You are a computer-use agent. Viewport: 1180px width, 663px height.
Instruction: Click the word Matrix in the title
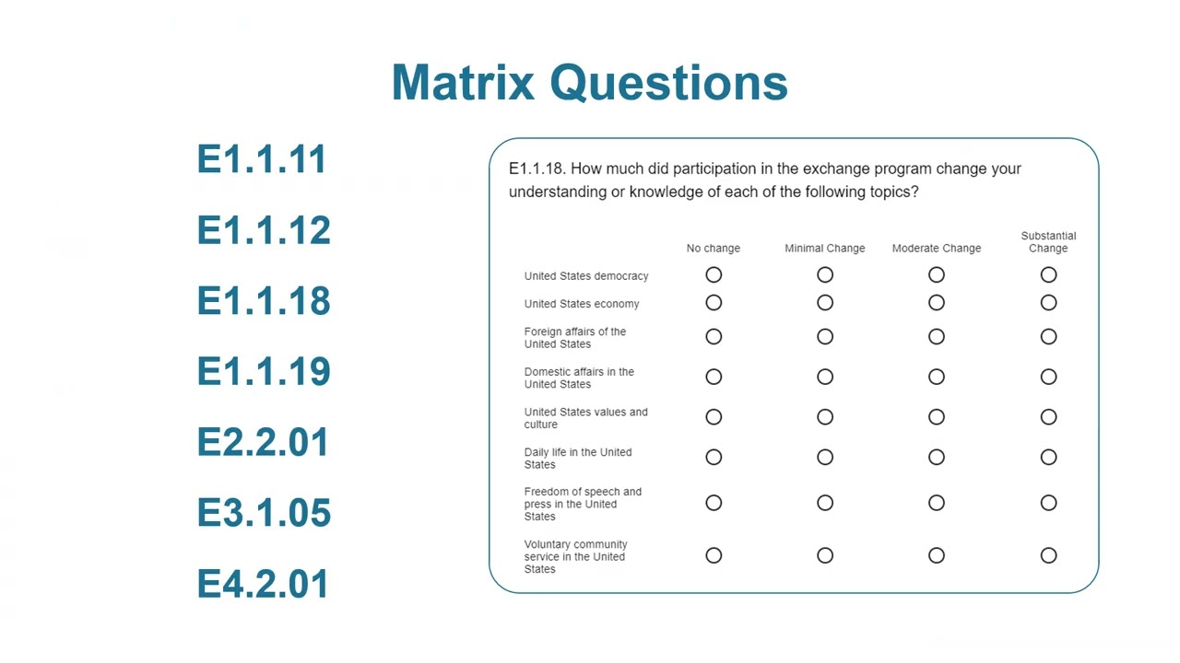463,83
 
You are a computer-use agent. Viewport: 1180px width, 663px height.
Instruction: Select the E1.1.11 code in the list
262,159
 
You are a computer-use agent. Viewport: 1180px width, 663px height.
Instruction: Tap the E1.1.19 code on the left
264,371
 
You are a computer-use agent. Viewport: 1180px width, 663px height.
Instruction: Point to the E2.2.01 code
263,442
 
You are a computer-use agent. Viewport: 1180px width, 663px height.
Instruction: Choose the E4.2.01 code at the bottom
263,584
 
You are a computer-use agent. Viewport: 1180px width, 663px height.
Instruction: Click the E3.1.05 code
264,513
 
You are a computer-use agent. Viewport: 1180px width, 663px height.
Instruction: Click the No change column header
714,249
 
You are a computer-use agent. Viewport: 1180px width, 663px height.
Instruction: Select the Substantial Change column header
1048,242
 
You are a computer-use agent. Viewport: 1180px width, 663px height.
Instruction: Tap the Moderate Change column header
937,249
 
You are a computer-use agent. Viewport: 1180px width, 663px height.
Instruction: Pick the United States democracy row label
586,276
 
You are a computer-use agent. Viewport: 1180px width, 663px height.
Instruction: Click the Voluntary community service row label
575,557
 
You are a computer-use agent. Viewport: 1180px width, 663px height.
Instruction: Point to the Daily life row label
578,459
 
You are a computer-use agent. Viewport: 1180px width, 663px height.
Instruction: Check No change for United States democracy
714,275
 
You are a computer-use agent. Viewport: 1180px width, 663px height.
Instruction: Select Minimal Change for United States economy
825,303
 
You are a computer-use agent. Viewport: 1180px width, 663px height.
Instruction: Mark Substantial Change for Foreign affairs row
1048,337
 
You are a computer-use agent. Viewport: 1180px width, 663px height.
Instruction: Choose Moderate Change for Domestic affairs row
937,377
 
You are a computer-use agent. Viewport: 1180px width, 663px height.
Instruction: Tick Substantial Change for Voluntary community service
1048,555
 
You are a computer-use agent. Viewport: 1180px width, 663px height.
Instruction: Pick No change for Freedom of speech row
714,503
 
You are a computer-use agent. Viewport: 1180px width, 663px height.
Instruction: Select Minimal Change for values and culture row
825,417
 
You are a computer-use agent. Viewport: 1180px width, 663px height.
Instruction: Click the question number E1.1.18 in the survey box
537,169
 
